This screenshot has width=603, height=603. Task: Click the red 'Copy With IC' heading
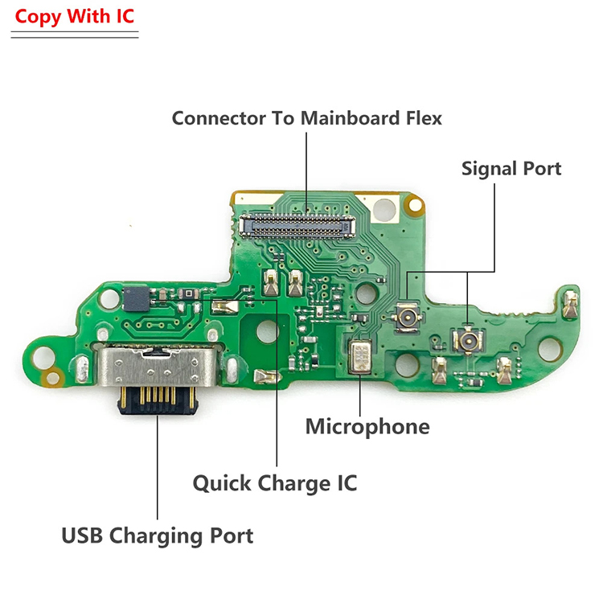click(74, 17)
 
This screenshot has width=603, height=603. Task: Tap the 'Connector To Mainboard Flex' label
click(306, 118)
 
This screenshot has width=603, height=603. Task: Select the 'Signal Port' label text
click(511, 169)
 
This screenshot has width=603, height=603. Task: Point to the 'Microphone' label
click(367, 426)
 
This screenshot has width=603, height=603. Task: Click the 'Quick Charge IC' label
click(275, 483)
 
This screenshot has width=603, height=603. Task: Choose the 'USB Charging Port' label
click(158, 535)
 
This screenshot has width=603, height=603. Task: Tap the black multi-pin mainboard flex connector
click(297, 226)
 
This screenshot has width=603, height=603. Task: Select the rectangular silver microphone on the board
click(360, 357)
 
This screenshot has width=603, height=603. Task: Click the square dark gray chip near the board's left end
click(136, 298)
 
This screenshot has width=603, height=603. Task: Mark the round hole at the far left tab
click(43, 357)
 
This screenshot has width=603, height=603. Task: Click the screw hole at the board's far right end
click(550, 348)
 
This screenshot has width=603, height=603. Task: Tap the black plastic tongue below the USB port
click(158, 400)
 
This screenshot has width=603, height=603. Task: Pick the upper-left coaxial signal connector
click(407, 318)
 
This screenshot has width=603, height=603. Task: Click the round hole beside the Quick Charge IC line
click(267, 331)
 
